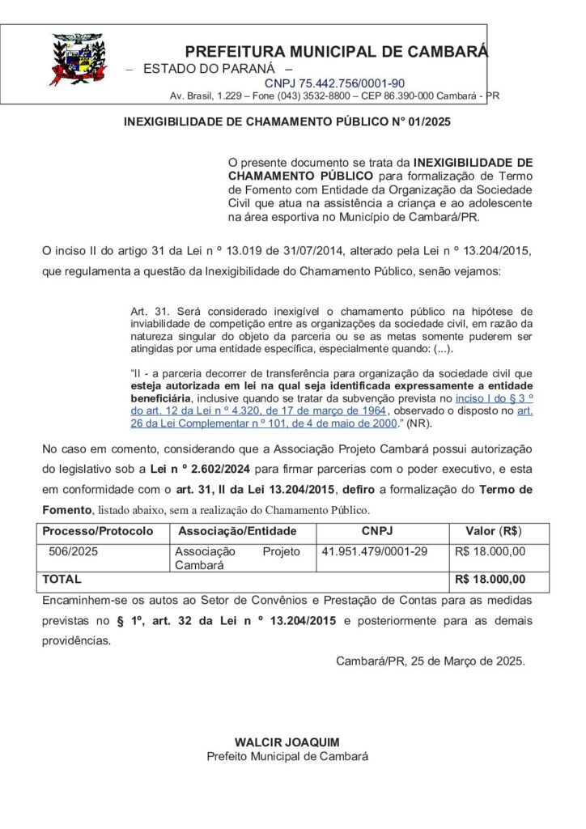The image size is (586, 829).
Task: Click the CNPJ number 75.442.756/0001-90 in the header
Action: coord(334,83)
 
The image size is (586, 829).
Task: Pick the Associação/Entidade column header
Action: coord(237,532)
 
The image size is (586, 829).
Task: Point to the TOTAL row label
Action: coord(62,580)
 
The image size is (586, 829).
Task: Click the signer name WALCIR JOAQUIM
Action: coord(287,742)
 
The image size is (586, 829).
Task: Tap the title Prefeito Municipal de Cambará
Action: coord(287,756)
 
